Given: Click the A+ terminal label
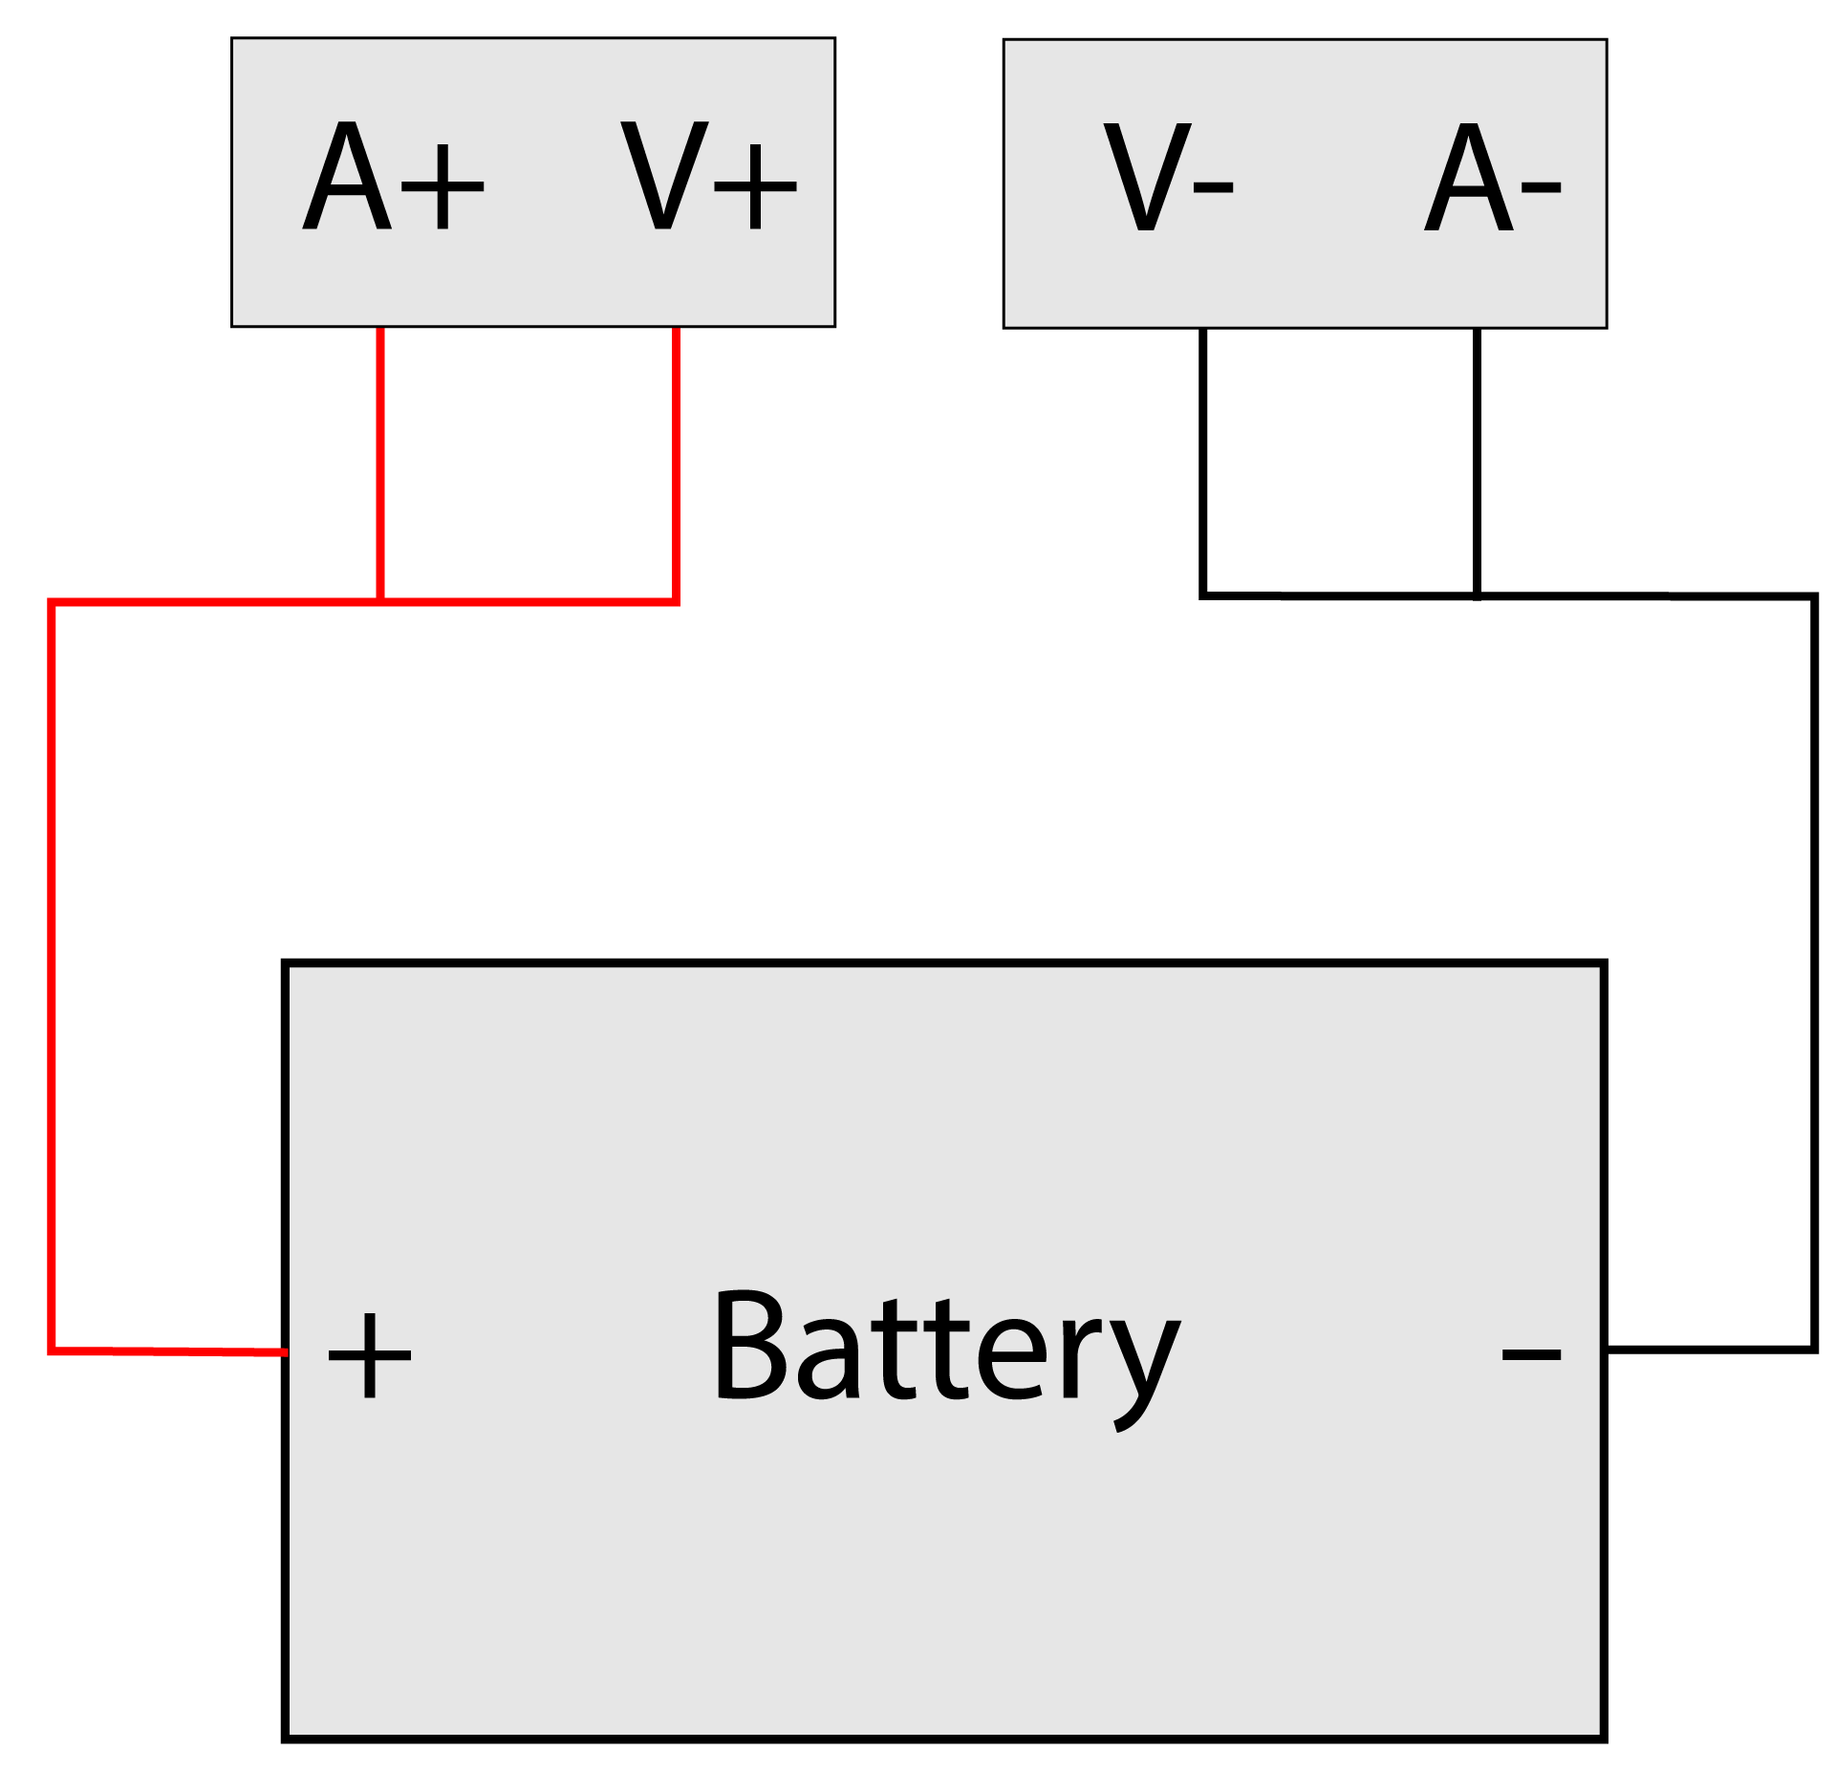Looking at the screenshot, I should [x=393, y=178].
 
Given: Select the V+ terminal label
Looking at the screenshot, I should [x=708, y=178].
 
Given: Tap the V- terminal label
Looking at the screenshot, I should [x=1168, y=178].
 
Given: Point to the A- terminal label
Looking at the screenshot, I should [x=1492, y=178].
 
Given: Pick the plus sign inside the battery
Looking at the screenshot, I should [x=369, y=1355].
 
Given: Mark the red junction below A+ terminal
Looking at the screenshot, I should [x=380, y=601].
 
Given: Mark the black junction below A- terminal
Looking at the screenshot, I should [x=1477, y=595].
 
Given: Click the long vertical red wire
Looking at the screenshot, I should [x=52, y=975].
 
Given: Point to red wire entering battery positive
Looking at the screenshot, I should [x=172, y=1351].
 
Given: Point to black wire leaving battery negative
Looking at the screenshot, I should [x=1711, y=1349].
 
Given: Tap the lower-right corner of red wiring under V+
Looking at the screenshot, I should [x=676, y=601].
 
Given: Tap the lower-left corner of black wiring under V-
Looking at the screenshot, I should [x=1202, y=594].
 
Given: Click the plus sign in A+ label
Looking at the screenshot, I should [x=443, y=187].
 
